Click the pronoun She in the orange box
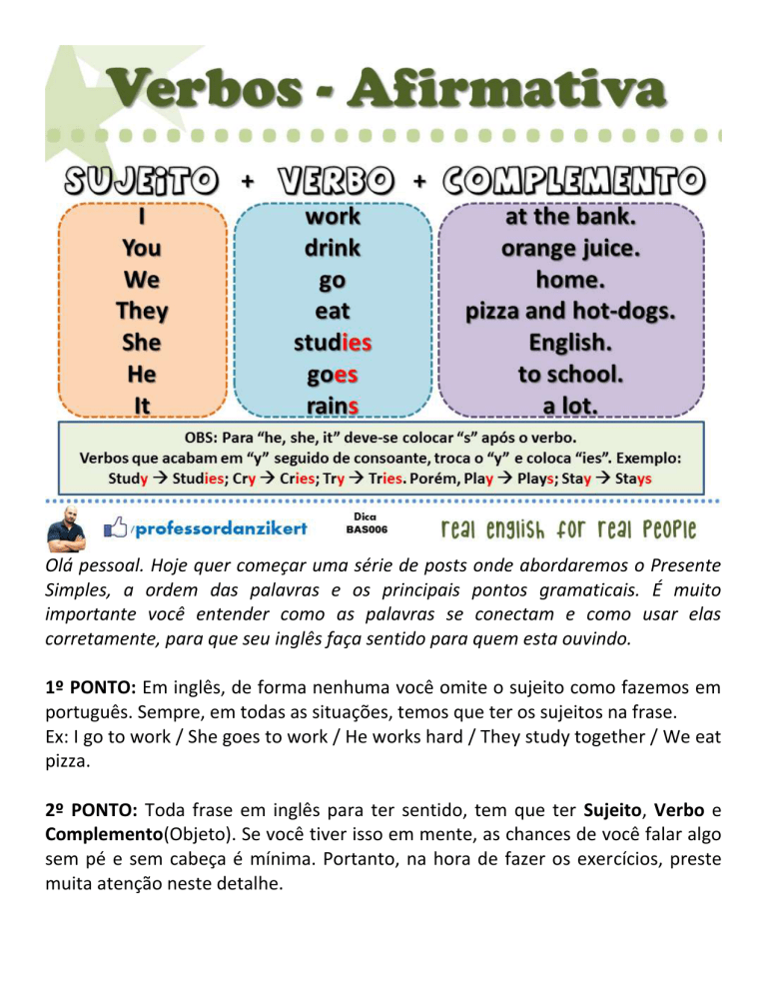[x=142, y=342]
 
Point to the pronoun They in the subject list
[x=142, y=310]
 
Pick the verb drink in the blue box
[x=333, y=246]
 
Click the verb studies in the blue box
[x=333, y=342]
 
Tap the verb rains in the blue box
[x=333, y=405]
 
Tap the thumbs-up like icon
[x=117, y=525]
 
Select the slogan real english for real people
[x=570, y=527]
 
